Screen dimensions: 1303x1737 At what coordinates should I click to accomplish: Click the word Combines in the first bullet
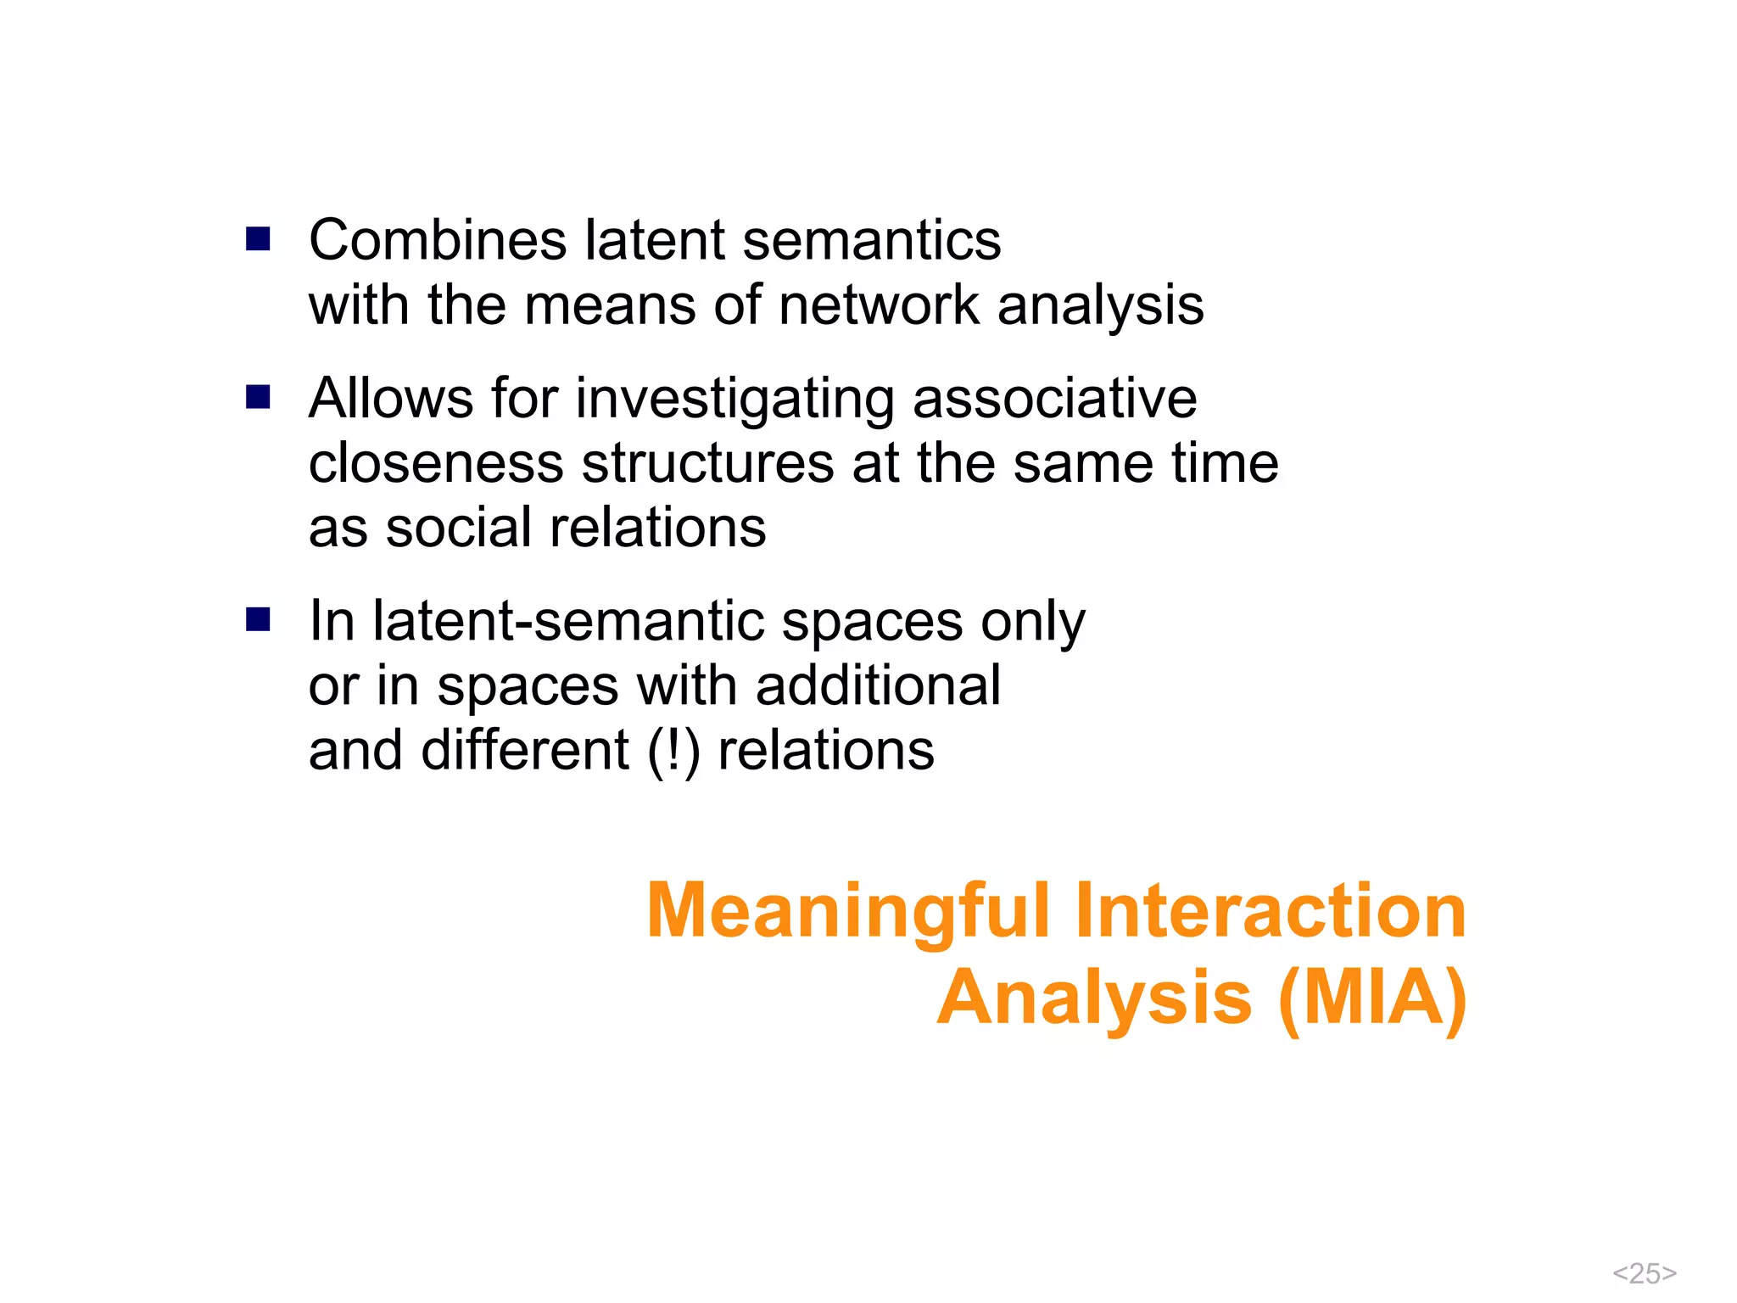(437, 240)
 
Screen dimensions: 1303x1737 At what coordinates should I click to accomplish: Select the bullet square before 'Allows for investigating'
(258, 397)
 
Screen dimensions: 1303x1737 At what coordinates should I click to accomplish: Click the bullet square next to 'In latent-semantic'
(258, 619)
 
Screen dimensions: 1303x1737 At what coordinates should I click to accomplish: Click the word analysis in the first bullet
(1100, 305)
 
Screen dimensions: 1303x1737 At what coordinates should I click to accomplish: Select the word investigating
(734, 400)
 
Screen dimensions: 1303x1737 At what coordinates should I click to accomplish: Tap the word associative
(1054, 399)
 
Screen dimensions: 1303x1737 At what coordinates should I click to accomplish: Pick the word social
(459, 528)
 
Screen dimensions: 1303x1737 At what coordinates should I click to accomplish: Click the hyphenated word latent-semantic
(568, 621)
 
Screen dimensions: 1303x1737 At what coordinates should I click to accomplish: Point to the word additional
(878, 685)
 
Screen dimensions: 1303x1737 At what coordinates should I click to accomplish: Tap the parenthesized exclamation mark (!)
(673, 752)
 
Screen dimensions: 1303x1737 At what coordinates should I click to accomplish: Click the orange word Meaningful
(848, 911)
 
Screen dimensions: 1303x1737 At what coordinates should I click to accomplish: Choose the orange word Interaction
(1270, 911)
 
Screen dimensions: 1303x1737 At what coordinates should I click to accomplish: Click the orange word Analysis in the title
(1094, 999)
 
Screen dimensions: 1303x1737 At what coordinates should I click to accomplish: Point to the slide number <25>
(1644, 1273)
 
